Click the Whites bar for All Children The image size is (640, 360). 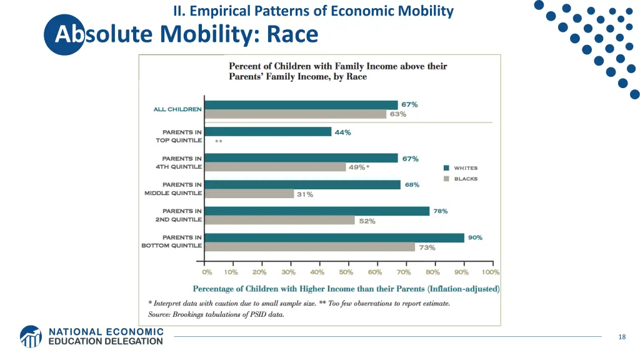(x=301, y=105)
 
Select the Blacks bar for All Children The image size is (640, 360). (x=295, y=114)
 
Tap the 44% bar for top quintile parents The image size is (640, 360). (x=267, y=132)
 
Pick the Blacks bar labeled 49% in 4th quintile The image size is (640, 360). (x=275, y=167)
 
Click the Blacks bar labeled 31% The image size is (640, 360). (x=249, y=194)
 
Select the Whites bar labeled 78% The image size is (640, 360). (x=317, y=211)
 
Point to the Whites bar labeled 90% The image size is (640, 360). (x=334, y=237)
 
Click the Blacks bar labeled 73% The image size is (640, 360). (x=309, y=247)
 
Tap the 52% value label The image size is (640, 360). (x=367, y=221)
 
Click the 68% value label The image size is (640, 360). (x=412, y=185)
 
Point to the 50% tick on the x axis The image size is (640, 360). (x=346, y=272)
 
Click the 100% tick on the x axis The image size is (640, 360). (x=491, y=272)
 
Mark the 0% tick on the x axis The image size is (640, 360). (x=207, y=272)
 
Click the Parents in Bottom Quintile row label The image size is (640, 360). (x=172, y=242)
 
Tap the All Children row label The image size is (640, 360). (x=177, y=109)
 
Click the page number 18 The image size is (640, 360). (x=621, y=337)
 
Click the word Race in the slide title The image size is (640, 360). (x=292, y=34)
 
